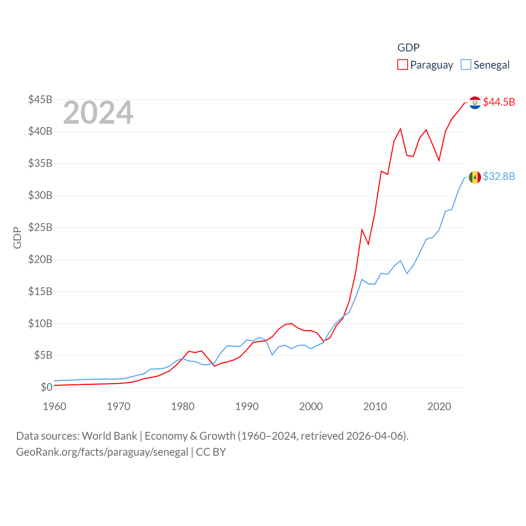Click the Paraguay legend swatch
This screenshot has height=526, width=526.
coord(403,65)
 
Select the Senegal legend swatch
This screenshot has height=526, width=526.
coord(466,65)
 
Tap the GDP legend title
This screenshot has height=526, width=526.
coord(408,48)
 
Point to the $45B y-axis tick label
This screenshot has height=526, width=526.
coord(40,99)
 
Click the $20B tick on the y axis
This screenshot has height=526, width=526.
coord(40,259)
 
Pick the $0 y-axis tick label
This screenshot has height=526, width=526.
coord(46,387)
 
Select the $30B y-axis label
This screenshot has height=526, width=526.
coord(40,195)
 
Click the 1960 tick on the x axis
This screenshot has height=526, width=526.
coord(55,406)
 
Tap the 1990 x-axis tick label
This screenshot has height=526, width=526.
coord(247,406)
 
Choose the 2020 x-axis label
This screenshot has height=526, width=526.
coord(439,406)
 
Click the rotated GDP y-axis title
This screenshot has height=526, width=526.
coord(17,238)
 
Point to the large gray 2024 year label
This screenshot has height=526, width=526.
coord(98,113)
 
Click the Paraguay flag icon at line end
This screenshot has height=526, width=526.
coord(475,102)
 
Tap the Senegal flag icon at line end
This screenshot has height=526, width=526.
coord(475,177)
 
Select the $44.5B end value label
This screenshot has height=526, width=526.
coord(499,102)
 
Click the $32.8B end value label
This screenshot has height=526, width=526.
coord(499,176)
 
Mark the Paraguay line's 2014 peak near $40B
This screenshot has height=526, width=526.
coord(400,129)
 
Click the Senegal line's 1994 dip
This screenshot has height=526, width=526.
coord(272,355)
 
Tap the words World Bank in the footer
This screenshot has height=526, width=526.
coord(110,436)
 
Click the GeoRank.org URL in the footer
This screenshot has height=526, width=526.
coord(102,452)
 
